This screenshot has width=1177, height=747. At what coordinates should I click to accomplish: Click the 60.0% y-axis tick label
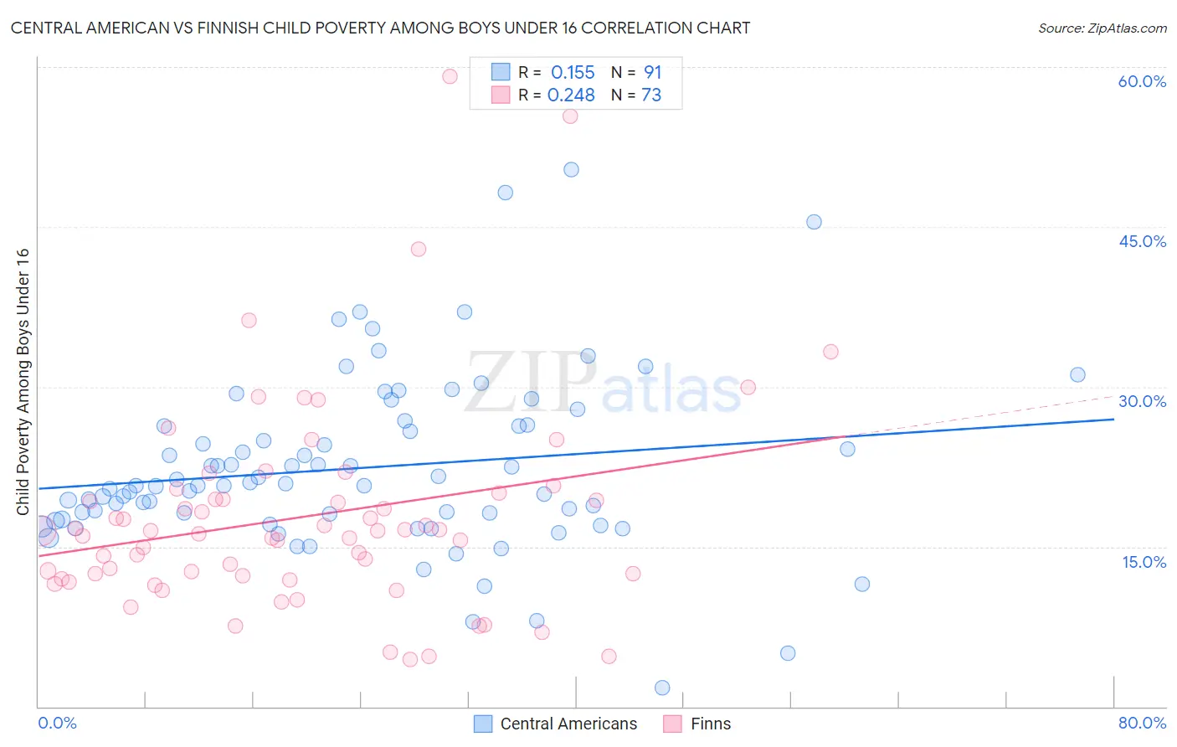pyautogui.click(x=1142, y=81)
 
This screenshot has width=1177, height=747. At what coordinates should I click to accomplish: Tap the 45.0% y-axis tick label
pyautogui.click(x=1142, y=241)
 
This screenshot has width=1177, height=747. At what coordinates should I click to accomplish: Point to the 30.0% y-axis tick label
pyautogui.click(x=1142, y=401)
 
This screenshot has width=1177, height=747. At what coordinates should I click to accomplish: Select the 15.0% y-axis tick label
pyautogui.click(x=1144, y=561)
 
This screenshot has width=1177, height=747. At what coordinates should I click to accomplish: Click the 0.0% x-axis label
pyautogui.click(x=57, y=723)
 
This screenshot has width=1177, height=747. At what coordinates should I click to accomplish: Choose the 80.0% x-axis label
pyautogui.click(x=1142, y=723)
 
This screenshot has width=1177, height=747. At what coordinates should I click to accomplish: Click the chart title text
pyautogui.click(x=380, y=28)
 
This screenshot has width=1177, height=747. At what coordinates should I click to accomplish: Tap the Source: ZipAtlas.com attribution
pyautogui.click(x=1102, y=28)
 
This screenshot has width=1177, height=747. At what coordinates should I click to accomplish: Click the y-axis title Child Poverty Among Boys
pyautogui.click(x=23, y=382)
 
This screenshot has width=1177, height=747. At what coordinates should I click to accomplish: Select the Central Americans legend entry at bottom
pyautogui.click(x=556, y=724)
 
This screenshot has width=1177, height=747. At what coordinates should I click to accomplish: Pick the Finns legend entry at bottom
pyautogui.click(x=697, y=724)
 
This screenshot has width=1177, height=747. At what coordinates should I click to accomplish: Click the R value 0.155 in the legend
pyautogui.click(x=573, y=72)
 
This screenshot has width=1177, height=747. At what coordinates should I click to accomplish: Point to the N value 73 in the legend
pyautogui.click(x=651, y=95)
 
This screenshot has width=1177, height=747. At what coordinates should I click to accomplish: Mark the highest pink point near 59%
pyautogui.click(x=450, y=76)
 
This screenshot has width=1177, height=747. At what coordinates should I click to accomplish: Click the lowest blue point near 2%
pyautogui.click(x=662, y=688)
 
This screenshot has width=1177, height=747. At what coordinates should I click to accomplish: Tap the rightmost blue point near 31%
pyautogui.click(x=1077, y=375)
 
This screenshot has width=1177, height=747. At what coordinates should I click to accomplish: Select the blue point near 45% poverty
pyautogui.click(x=814, y=222)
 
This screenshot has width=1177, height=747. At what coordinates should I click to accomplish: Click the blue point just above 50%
pyautogui.click(x=571, y=169)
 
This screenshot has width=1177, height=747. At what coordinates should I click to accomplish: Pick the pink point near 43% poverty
pyautogui.click(x=419, y=249)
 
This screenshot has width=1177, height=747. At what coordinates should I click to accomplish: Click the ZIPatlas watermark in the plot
pyautogui.click(x=603, y=384)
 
